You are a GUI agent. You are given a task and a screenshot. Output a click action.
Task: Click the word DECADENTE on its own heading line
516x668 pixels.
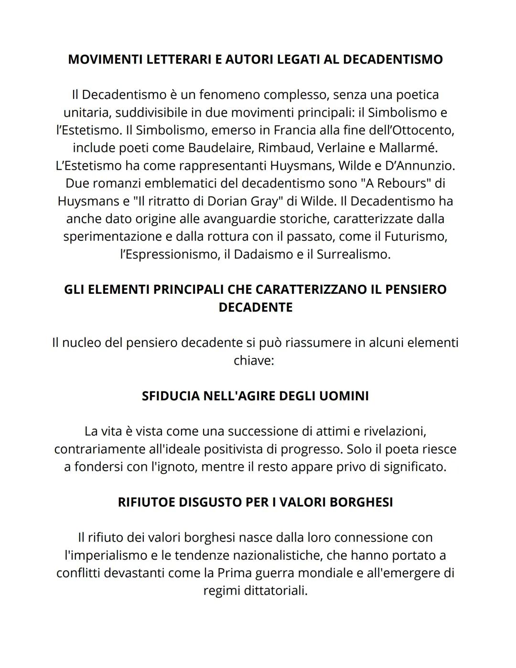[255, 307]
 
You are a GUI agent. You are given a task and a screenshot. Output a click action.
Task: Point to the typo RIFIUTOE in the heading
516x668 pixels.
[146, 502]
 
